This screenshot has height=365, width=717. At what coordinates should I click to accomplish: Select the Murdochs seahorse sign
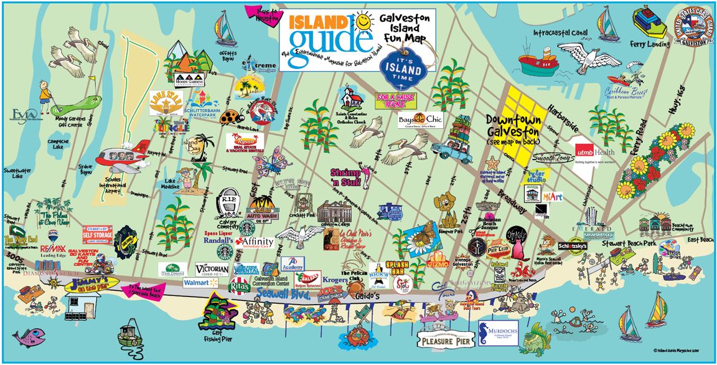(x=498, y=334)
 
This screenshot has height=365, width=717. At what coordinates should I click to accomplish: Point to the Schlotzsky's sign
(x=573, y=246)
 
